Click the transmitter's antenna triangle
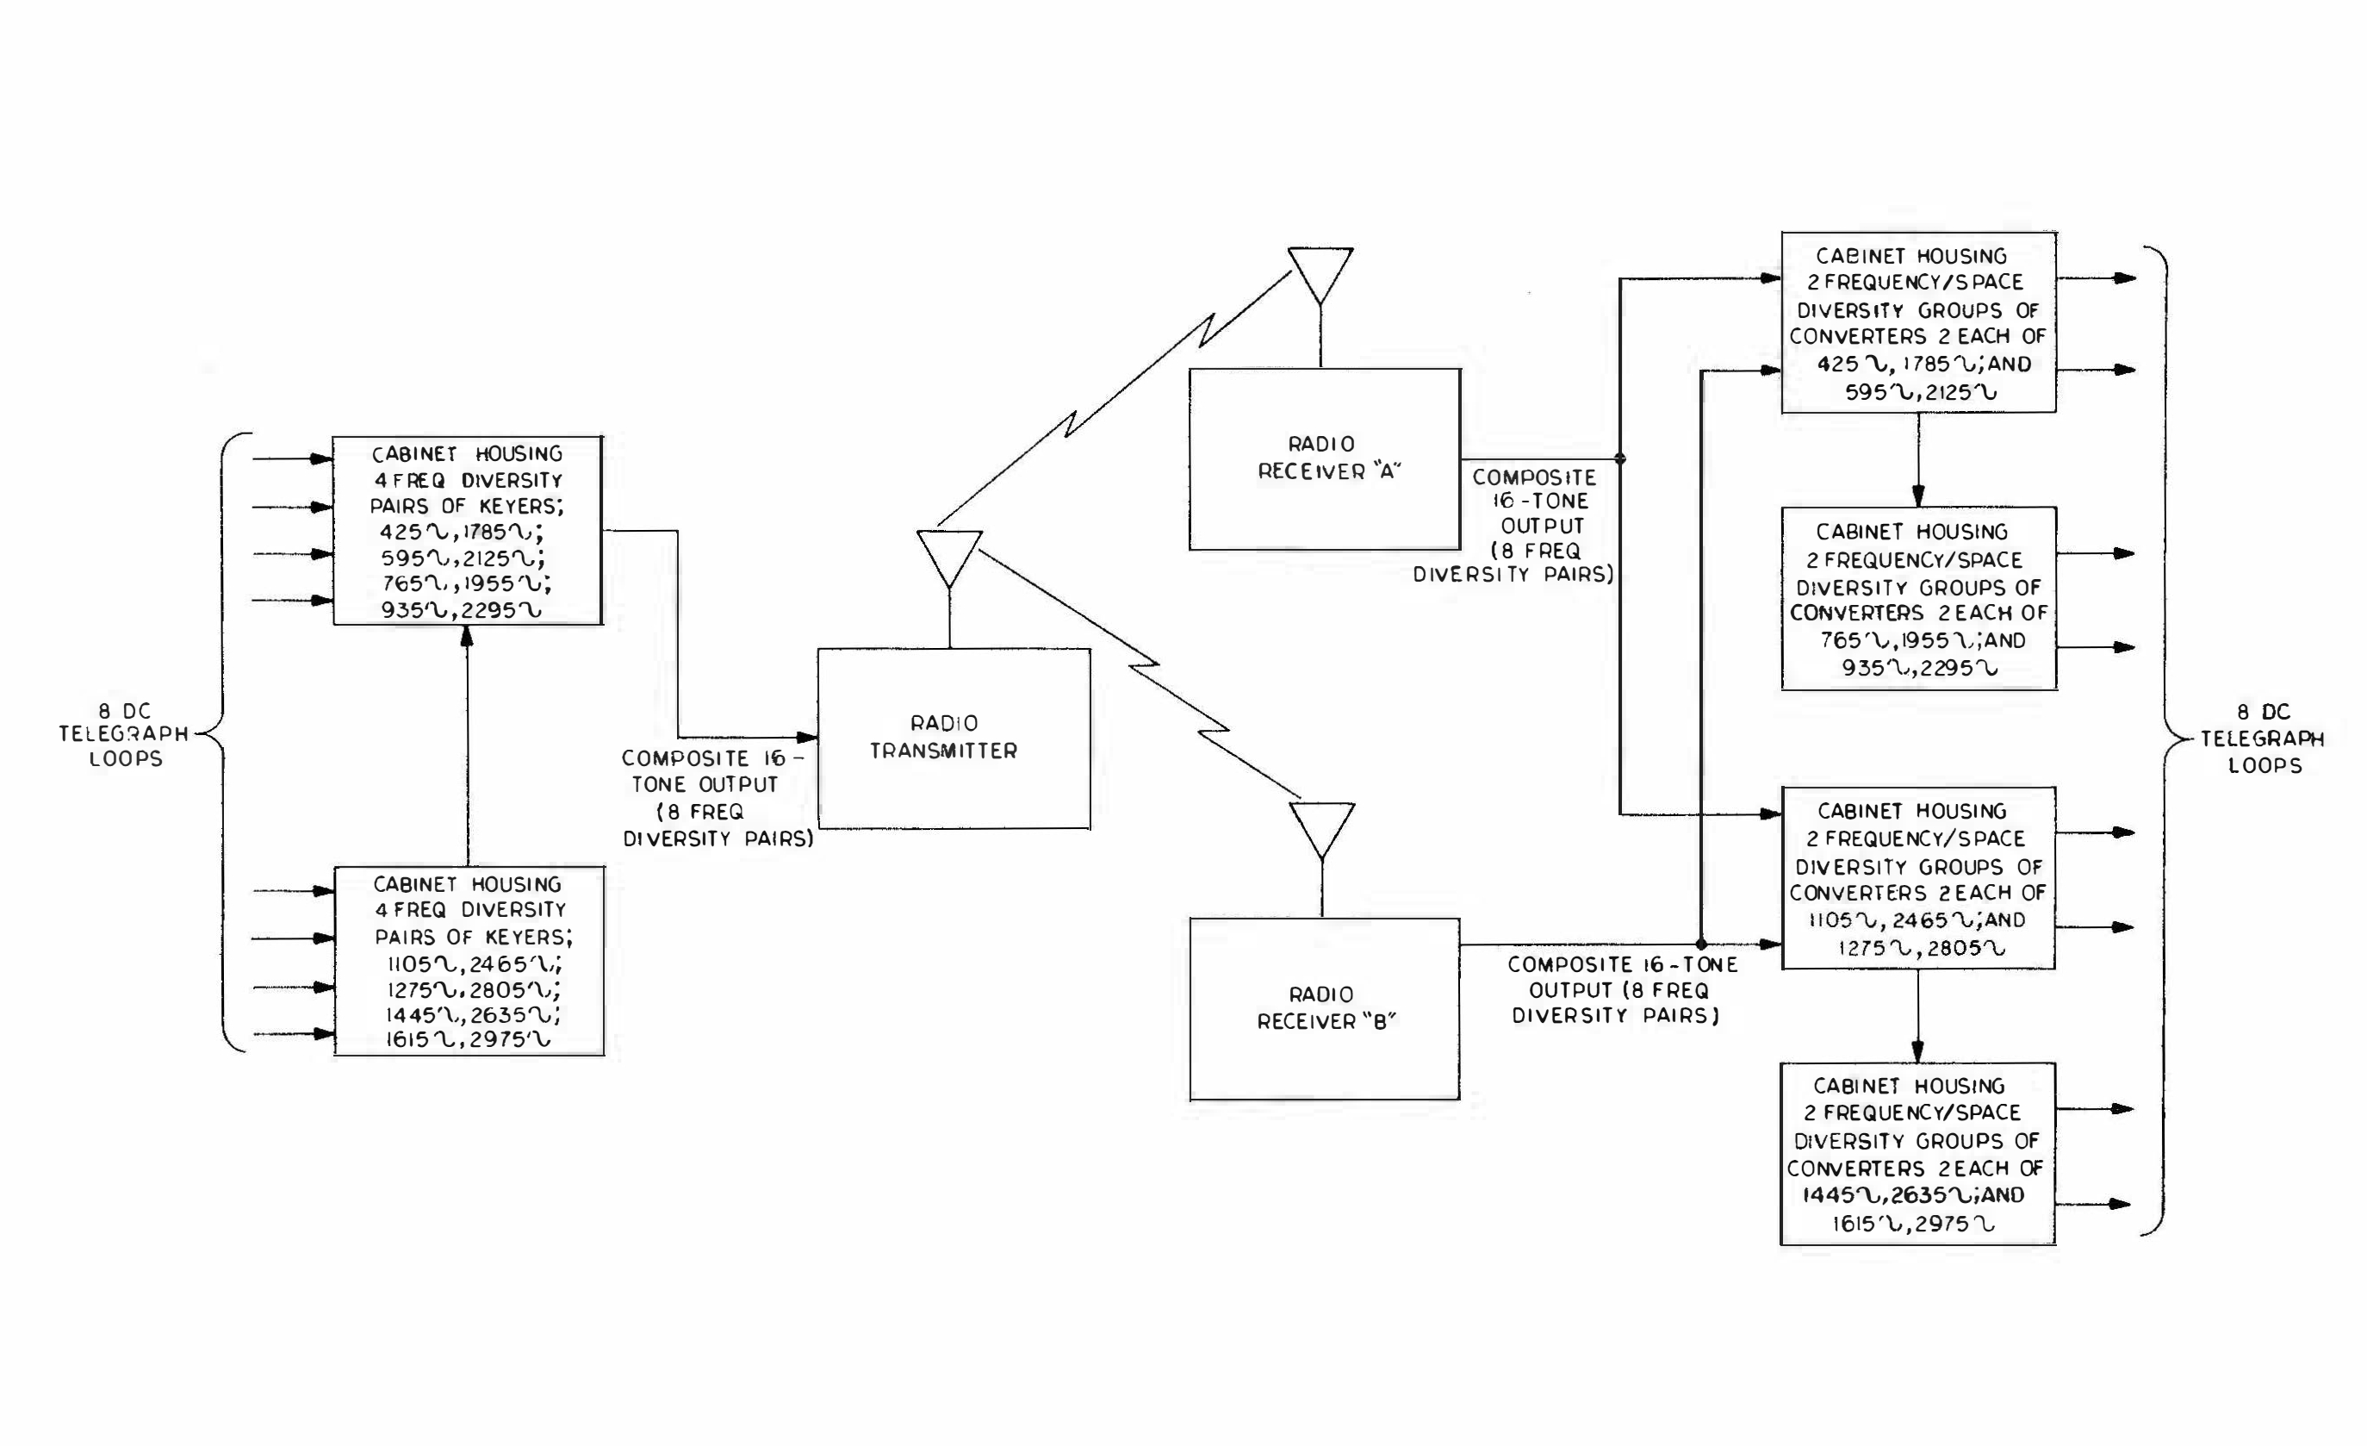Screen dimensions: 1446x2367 (949, 555)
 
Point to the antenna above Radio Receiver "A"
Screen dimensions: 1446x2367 (1320, 273)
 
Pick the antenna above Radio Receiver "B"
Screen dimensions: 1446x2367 (1322, 827)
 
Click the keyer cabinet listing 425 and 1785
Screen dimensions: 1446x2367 (467, 530)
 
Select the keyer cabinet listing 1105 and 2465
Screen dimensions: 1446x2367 (469, 961)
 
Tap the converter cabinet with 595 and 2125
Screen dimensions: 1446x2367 (1918, 323)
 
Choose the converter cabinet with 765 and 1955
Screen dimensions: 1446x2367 (1918, 597)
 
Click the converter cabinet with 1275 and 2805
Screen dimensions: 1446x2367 (1917, 877)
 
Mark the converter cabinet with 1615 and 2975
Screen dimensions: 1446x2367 (1917, 1153)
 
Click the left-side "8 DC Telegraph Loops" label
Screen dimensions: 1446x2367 (125, 734)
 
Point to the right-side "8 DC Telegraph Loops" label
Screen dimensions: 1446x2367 (2264, 738)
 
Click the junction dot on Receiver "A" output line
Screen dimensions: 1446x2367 (1620, 458)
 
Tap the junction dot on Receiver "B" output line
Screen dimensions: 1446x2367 (1701, 944)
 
